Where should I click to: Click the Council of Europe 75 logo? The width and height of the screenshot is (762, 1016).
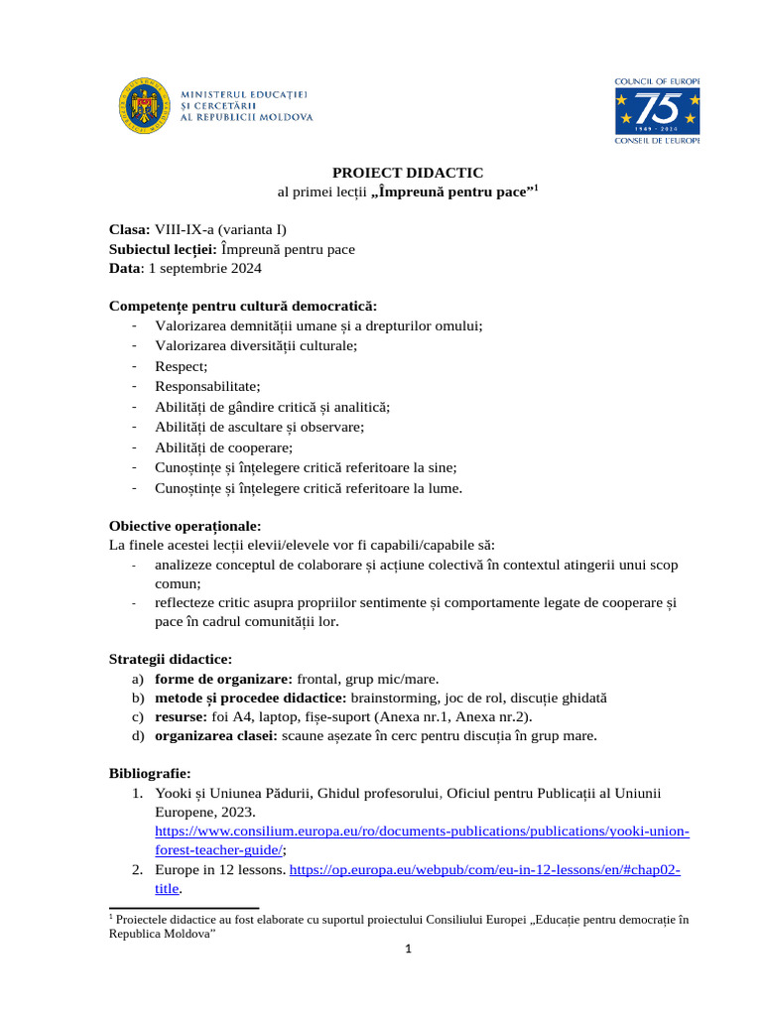tap(657, 110)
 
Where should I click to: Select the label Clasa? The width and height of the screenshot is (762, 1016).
tap(129, 228)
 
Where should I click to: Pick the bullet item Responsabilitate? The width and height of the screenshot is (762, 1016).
tap(207, 386)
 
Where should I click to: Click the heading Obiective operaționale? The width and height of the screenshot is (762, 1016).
tap(185, 525)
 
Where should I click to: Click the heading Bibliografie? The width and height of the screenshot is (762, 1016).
tap(150, 772)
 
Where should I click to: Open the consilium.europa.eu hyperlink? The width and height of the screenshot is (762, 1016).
tap(422, 830)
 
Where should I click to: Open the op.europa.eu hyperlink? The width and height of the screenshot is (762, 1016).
tap(484, 869)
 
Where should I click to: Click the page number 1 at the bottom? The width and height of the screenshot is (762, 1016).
tap(407, 949)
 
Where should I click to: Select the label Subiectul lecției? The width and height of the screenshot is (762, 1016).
tap(163, 248)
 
